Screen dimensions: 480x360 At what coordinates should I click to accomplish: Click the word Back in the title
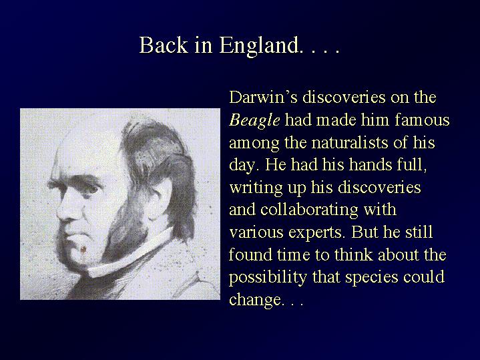pos(164,45)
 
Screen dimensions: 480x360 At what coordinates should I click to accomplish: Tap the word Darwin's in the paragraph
pos(263,97)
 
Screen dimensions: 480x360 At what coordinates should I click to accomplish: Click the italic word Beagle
pos(254,120)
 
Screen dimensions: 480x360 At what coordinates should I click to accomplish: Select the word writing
pos(256,188)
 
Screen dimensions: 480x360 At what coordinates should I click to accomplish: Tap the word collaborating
pos(309,210)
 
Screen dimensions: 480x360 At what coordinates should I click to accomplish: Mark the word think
pos(354,254)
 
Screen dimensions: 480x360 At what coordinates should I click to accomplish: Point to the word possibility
pos(268,278)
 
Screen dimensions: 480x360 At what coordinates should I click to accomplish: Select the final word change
pos(255,300)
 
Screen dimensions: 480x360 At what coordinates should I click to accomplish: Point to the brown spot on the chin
pos(83,250)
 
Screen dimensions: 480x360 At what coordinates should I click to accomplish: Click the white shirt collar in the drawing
pos(129,254)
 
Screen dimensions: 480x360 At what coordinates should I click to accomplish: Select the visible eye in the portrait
pos(89,188)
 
